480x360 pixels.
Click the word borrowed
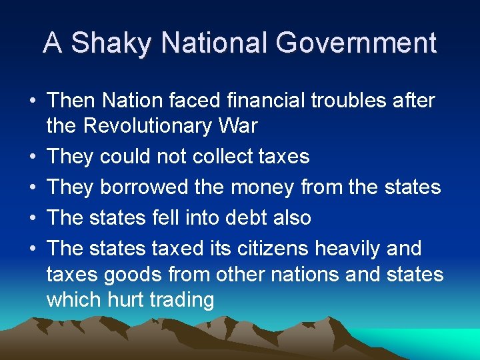click(x=143, y=187)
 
